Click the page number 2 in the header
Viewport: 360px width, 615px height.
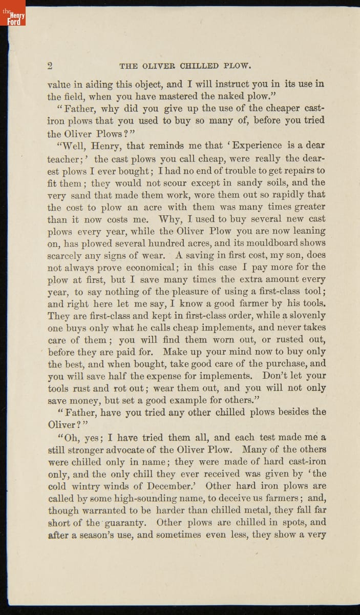pos(50,66)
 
